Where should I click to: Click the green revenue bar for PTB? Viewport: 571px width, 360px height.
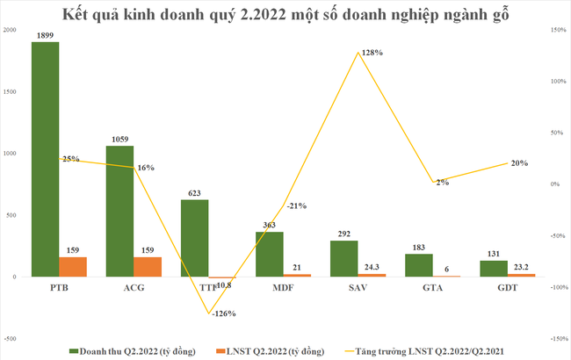pyautogui.click(x=45, y=158)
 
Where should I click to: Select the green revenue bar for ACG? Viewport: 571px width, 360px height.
pyautogui.click(x=120, y=211)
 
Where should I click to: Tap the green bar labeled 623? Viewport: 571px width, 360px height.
pyautogui.click(x=195, y=237)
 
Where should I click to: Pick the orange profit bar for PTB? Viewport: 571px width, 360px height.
pyautogui.click(x=73, y=267)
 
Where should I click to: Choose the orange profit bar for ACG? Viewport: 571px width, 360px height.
pyautogui.click(x=148, y=267)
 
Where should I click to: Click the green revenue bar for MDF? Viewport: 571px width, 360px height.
pyautogui.click(x=270, y=254)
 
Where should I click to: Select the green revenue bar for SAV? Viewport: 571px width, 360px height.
pyautogui.click(x=344, y=258)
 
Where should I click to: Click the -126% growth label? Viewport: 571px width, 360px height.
pyautogui.click(x=222, y=313)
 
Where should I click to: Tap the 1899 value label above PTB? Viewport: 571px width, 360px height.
pyautogui.click(x=46, y=34)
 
